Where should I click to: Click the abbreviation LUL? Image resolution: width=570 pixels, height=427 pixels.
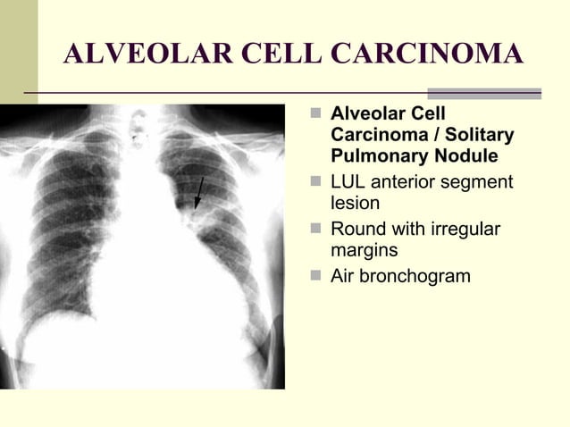(x=348, y=182)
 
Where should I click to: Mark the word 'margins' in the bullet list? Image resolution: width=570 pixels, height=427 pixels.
(x=364, y=251)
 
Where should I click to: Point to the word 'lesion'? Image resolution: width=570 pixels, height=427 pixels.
(x=356, y=204)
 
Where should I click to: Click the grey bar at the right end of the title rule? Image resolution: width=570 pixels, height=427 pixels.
(x=484, y=93)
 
